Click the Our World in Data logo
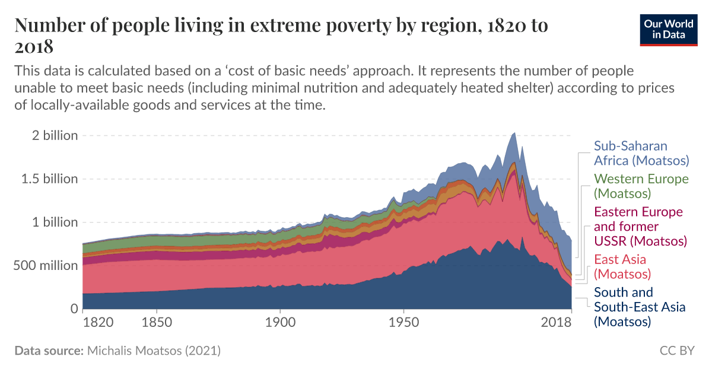669,28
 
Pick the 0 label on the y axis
74,309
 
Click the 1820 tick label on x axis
98,323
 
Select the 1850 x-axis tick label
157,323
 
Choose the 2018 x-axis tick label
556,323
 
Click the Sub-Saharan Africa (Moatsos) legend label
641,153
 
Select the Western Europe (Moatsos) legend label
641,186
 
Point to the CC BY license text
676,351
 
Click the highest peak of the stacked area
514,133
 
